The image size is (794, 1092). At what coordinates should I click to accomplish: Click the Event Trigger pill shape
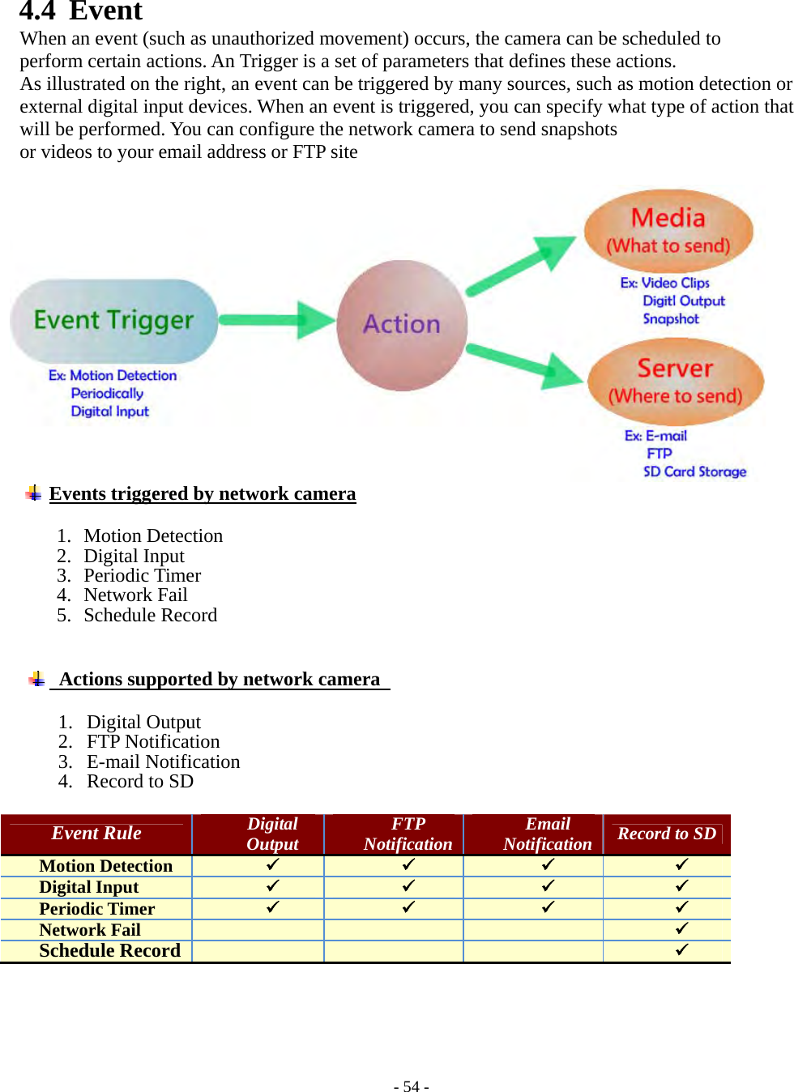click(x=113, y=321)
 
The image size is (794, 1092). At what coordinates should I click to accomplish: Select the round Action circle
click(x=402, y=325)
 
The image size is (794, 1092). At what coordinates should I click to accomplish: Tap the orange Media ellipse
click(x=668, y=230)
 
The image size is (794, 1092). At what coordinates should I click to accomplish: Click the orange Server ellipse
click(x=675, y=382)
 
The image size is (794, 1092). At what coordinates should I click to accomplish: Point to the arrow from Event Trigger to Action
click(x=275, y=320)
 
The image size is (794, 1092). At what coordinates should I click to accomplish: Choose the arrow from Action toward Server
click(x=523, y=364)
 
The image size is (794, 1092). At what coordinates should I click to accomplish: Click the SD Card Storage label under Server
click(x=694, y=471)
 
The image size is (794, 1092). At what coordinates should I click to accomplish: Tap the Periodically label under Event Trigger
click(x=107, y=393)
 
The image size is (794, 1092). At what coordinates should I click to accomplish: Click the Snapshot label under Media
click(x=671, y=318)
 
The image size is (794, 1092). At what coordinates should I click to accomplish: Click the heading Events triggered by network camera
click(x=203, y=493)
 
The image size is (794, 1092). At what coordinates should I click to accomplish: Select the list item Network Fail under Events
click(x=135, y=595)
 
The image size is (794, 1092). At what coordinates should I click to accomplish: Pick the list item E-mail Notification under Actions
click(x=163, y=761)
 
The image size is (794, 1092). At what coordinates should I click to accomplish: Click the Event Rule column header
click(x=96, y=834)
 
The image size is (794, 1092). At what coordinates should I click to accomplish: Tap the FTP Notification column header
click(x=408, y=834)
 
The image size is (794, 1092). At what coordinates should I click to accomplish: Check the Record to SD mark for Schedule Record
click(x=681, y=949)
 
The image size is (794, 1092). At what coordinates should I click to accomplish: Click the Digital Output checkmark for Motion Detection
click(x=272, y=864)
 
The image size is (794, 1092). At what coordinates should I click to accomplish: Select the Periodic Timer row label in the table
click(x=96, y=909)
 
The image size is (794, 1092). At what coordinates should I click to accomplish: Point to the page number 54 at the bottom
click(x=411, y=1086)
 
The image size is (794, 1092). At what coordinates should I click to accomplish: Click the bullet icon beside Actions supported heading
click(x=36, y=679)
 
